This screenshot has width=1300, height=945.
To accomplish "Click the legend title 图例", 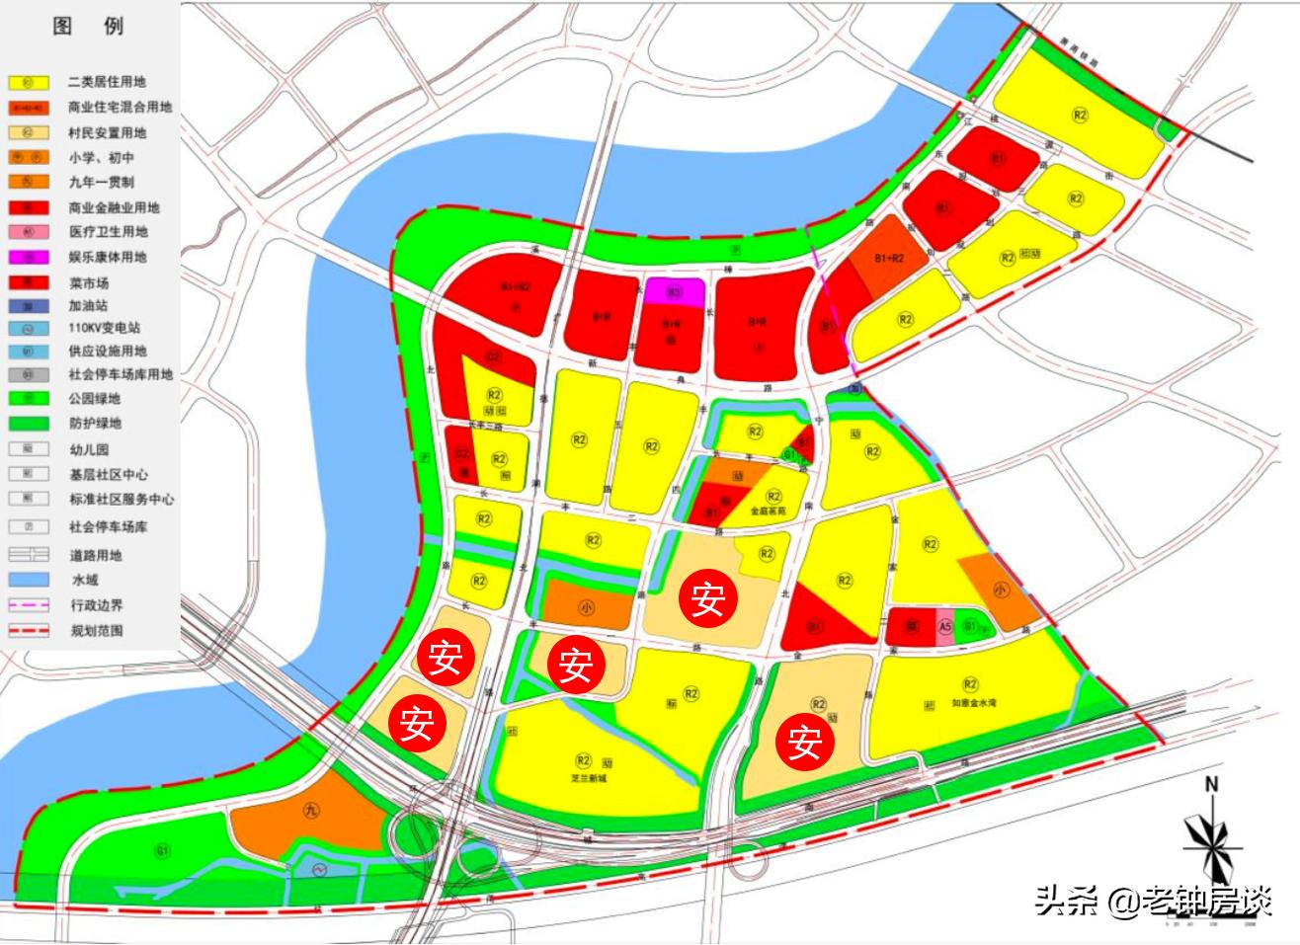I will coord(88,26).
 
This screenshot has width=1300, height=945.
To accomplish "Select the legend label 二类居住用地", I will coord(107,82).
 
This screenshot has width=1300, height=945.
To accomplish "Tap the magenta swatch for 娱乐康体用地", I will coord(30,257).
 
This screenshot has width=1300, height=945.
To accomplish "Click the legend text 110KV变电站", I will coord(105,328).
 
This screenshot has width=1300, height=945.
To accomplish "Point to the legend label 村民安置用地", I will coord(107,132).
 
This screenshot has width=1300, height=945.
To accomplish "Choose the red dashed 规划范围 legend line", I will coord(30,630).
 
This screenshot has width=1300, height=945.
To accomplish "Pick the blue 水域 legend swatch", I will coord(30,580).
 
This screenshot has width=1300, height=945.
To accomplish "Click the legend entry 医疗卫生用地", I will coord(107,232).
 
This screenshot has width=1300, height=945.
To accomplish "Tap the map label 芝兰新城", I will coord(589,778).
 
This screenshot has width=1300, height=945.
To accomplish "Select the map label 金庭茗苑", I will coord(769,512).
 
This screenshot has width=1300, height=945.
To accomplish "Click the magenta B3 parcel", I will coord(675,292).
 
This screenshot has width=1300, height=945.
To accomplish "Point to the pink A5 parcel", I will coord(944,626).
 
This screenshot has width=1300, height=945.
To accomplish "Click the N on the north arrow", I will coord(1211,786).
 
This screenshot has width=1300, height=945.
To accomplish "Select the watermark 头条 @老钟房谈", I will coord(1152,900).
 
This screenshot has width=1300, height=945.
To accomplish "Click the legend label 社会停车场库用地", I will coord(120,375).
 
